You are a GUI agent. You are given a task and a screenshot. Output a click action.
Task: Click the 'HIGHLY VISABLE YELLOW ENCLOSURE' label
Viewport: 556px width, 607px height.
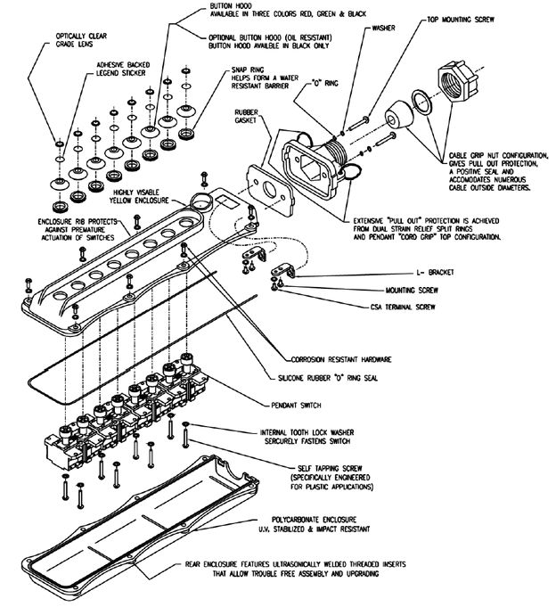pyautogui.click(x=137, y=196)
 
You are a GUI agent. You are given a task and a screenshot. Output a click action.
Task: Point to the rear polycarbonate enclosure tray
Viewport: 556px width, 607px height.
pyautogui.click(x=151, y=535)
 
